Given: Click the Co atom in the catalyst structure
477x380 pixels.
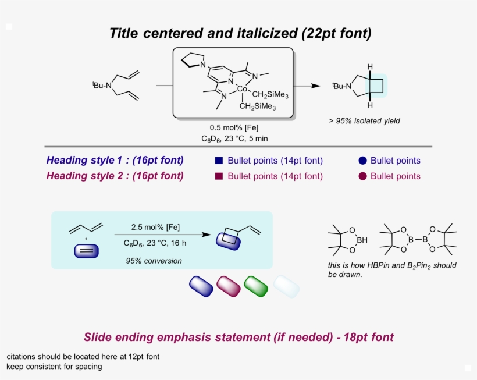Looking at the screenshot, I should tap(243, 90).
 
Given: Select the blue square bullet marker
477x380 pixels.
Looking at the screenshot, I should tap(219, 161).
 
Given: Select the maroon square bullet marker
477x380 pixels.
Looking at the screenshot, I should tap(219, 176).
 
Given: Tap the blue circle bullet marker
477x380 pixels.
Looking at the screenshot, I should tap(362, 161).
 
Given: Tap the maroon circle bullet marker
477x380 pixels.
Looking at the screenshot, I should tap(362, 176).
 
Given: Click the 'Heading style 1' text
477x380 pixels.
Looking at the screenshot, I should tap(115, 161).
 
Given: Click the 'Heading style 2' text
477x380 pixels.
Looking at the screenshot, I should tap(115, 176).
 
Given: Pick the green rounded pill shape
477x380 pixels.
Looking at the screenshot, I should tap(256, 285).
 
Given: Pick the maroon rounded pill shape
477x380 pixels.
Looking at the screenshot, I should tap(229, 285).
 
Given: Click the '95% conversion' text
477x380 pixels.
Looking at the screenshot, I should tap(154, 261).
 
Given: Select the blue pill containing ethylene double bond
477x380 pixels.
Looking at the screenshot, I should tap(87, 251).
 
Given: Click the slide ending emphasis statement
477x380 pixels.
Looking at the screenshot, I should tap(238, 337).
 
